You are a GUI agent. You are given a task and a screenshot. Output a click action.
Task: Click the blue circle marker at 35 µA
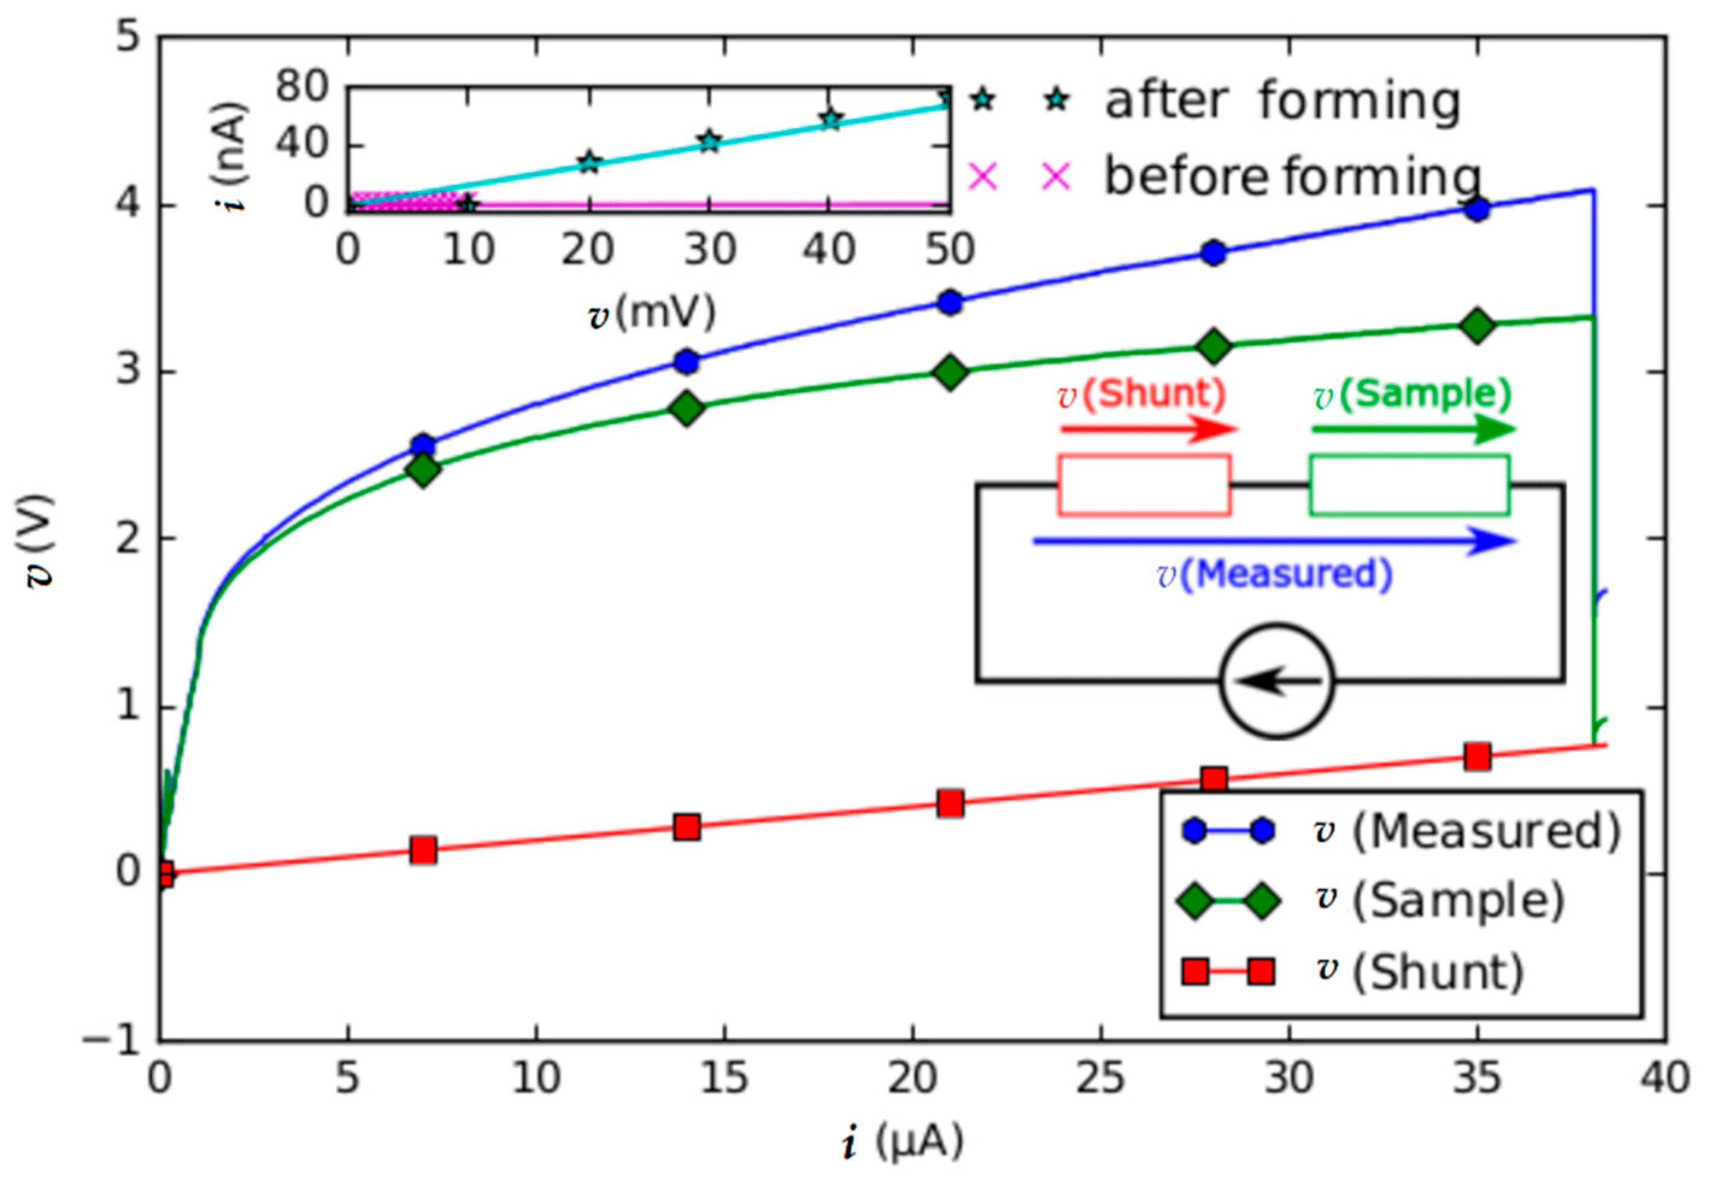click(1477, 209)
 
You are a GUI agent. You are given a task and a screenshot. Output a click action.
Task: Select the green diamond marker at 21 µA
click(950, 372)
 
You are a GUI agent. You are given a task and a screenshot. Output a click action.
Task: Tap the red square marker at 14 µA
click(687, 827)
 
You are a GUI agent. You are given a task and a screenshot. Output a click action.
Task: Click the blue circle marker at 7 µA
click(423, 446)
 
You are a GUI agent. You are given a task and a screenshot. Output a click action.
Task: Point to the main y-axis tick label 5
click(128, 36)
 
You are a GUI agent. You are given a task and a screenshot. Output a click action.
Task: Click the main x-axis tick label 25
click(1100, 1078)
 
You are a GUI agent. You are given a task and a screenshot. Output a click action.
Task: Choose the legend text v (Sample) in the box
click(1440, 900)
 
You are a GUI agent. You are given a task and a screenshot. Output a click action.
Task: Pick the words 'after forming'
click(1282, 102)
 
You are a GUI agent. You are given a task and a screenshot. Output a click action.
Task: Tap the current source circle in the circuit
click(1276, 681)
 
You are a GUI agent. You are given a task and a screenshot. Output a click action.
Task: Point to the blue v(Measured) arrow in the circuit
click(1273, 541)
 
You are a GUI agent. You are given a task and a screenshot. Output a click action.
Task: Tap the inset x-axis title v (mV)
click(651, 313)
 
